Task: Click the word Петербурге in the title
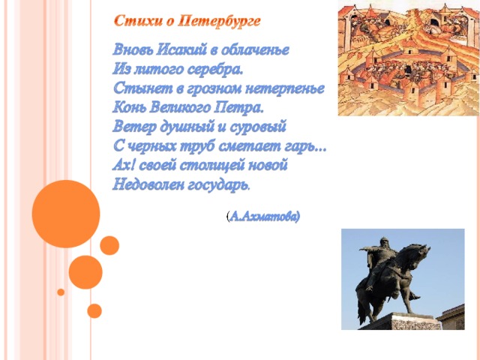tap(219, 22)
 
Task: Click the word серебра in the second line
tap(215, 69)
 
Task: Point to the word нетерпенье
tap(285, 89)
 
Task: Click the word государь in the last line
tap(218, 185)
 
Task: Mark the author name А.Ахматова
tap(263, 217)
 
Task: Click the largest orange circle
tap(66, 214)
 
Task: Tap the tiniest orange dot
tap(61, 292)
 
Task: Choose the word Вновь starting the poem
tap(133, 49)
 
